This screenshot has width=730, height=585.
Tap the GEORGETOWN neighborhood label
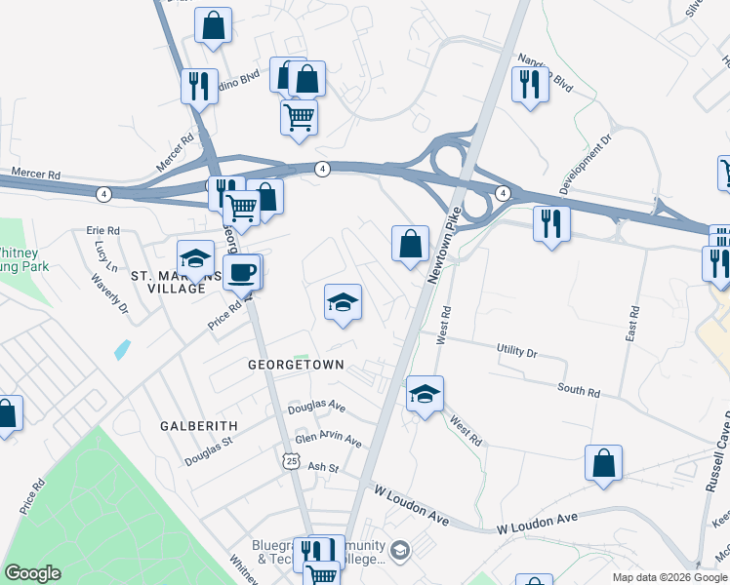(296, 365)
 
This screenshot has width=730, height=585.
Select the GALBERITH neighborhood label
(200, 426)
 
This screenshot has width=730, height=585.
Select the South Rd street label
(579, 391)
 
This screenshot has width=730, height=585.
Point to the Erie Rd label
(102, 230)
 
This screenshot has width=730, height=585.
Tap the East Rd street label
(634, 325)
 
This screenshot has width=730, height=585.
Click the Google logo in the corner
(31, 573)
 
